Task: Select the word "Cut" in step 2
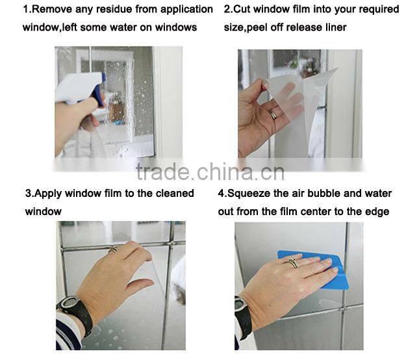click(x=242, y=9)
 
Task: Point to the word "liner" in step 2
click(x=335, y=27)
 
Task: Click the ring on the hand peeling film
click(x=274, y=114)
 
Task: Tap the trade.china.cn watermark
click(x=210, y=172)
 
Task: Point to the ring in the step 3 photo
click(x=113, y=250)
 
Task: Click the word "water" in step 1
click(x=123, y=27)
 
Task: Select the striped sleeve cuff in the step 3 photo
click(x=68, y=331)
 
